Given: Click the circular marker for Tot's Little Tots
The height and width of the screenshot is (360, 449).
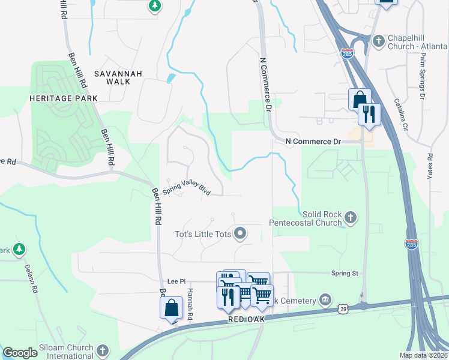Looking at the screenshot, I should click(x=241, y=233).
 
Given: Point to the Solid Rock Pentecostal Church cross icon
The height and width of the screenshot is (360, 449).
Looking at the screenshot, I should click(x=351, y=217).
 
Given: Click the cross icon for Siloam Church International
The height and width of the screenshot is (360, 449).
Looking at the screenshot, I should click(x=103, y=349).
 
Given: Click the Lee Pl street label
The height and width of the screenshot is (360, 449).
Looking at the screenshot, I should click(x=173, y=281).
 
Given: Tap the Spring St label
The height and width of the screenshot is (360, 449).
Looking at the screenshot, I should click(x=344, y=273).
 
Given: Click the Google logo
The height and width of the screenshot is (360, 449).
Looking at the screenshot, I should click(x=20, y=353).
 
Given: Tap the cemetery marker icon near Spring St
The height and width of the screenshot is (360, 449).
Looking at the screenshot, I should click(x=325, y=299).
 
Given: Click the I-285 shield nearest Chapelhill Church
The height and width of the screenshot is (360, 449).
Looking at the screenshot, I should click(x=347, y=52).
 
